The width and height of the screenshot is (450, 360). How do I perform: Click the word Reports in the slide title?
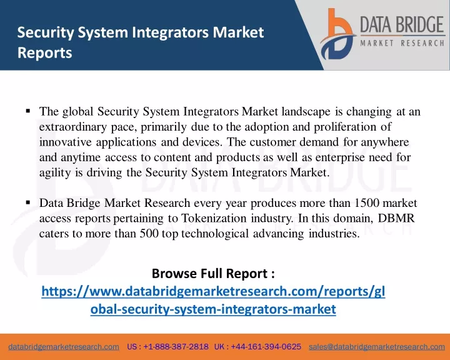click(45, 53)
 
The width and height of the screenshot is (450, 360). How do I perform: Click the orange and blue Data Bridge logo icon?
click(337, 34)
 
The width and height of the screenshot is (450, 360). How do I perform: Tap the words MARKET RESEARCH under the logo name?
click(402, 43)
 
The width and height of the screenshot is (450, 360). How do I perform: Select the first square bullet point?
click(28, 111)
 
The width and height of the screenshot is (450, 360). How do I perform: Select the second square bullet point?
click(28, 202)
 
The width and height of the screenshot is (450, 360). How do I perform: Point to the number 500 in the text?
click(149, 233)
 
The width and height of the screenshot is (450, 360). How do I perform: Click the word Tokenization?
click(214, 218)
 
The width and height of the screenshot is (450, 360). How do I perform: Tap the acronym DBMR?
click(396, 218)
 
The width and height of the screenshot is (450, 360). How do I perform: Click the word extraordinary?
click(73, 127)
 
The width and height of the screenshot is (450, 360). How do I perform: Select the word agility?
click(55, 173)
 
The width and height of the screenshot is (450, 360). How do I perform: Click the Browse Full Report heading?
click(213, 273)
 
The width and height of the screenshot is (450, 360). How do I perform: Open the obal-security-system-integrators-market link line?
click(213, 309)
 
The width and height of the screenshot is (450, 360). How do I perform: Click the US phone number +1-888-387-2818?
click(176, 347)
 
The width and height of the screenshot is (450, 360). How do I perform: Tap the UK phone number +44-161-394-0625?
click(266, 347)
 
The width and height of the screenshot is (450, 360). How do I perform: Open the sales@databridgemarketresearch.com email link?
click(377, 347)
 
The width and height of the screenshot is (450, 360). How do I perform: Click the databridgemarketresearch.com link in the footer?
click(64, 347)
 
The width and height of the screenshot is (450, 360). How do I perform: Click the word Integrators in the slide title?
click(170, 32)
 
